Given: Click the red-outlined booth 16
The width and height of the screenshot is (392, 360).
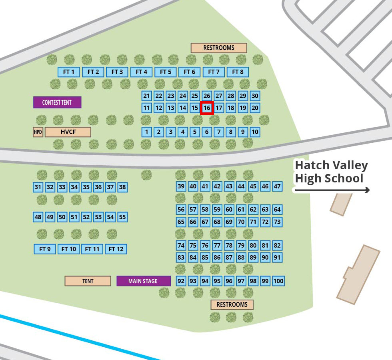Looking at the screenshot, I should pos(207,108).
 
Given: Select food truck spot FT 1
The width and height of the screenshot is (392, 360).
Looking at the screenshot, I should pos(69,72).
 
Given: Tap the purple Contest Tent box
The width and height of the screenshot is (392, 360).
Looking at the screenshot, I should pos(57,102).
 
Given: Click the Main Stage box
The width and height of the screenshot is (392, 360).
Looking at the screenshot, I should pos(143,281).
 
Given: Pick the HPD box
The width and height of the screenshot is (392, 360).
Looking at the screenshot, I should pos(38,132).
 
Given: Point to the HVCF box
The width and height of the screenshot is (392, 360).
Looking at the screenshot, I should pos(68,132).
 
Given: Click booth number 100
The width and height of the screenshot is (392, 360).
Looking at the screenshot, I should pos(278,281).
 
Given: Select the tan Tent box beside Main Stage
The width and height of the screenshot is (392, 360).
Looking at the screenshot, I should pos(88,281).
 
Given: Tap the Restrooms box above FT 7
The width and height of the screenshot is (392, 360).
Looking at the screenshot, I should pos(219,48).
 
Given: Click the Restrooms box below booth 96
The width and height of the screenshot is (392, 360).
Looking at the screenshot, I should pos(232,305).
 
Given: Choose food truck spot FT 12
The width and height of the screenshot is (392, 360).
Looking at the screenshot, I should pos(116,249).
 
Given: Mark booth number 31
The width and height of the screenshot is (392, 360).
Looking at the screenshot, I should pos(38,187).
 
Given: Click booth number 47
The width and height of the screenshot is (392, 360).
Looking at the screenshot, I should pos(277,186).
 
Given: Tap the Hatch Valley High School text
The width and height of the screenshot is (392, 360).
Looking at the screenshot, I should pos(331,172).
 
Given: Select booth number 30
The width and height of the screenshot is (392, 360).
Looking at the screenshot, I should pos(255,96).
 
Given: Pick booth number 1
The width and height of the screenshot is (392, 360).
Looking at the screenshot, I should pos(147,132).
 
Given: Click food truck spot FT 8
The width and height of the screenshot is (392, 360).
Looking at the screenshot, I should pos(238,72).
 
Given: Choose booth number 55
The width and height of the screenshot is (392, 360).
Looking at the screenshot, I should pos(122,217).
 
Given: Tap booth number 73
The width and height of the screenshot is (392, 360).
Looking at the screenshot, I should pos(277,222).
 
